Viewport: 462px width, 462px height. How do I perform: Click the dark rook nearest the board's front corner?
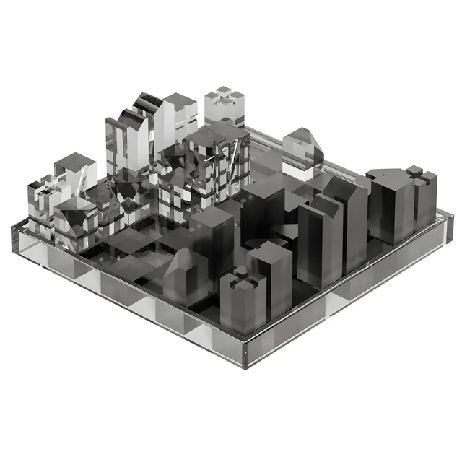coord(243,300)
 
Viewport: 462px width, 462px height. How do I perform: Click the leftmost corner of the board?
coord(13,230)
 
